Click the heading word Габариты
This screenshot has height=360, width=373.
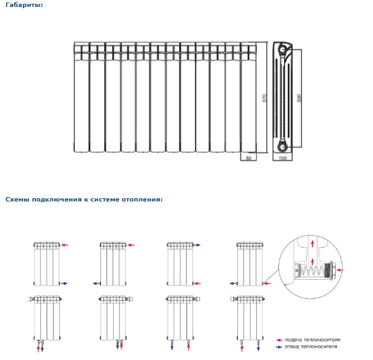(24, 5)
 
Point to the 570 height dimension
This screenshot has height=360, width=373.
(264, 98)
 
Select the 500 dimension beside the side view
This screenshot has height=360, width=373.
(299, 98)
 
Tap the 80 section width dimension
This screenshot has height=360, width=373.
(249, 158)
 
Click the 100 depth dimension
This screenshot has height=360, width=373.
(282, 158)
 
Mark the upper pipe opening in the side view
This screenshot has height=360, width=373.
(283, 50)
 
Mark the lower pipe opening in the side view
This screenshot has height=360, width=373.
(283, 147)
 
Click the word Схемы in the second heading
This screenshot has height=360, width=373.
(18, 200)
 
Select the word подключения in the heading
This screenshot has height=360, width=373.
(57, 200)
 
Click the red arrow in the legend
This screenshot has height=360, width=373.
(279, 340)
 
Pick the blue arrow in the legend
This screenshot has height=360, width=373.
(279, 347)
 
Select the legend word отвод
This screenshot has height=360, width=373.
(292, 347)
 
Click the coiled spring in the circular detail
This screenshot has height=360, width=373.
(312, 271)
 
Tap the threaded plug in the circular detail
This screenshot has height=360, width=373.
(330, 270)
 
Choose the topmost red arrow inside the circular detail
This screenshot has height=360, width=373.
(312, 244)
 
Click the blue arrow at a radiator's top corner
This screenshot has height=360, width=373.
(197, 245)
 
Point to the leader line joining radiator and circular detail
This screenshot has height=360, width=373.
(271, 277)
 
